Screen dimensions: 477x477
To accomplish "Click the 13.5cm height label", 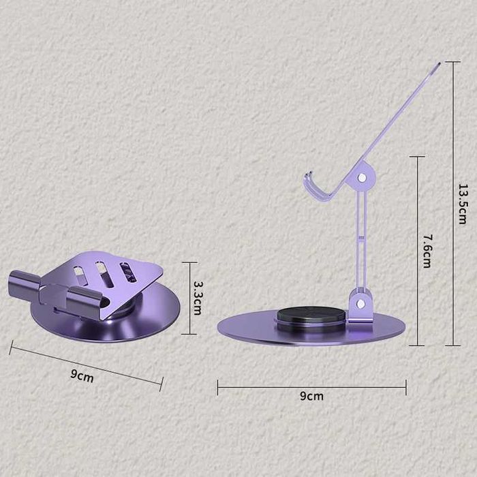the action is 463,204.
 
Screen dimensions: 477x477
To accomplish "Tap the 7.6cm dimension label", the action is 427,251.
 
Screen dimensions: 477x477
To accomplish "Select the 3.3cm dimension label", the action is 198,298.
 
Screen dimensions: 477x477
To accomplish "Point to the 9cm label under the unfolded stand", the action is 312,396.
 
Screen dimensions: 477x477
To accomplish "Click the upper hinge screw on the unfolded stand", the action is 362,177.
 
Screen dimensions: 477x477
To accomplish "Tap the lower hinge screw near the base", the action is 360,303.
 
